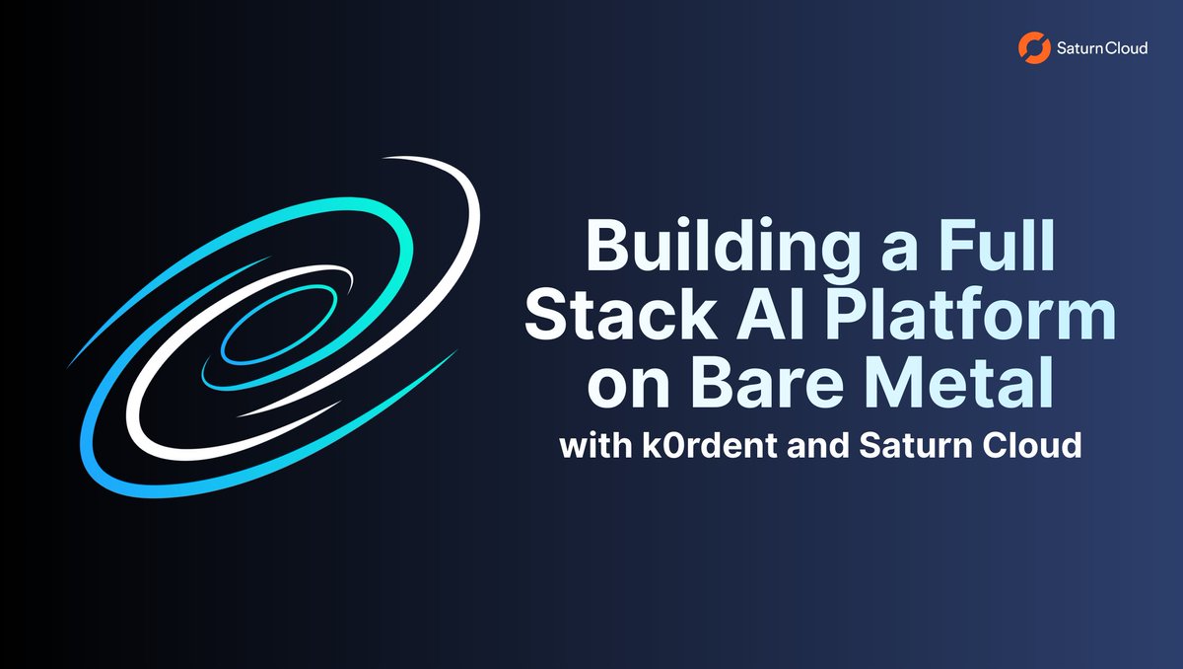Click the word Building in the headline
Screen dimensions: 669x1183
tap(720, 247)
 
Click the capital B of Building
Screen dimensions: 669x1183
tap(611, 247)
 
